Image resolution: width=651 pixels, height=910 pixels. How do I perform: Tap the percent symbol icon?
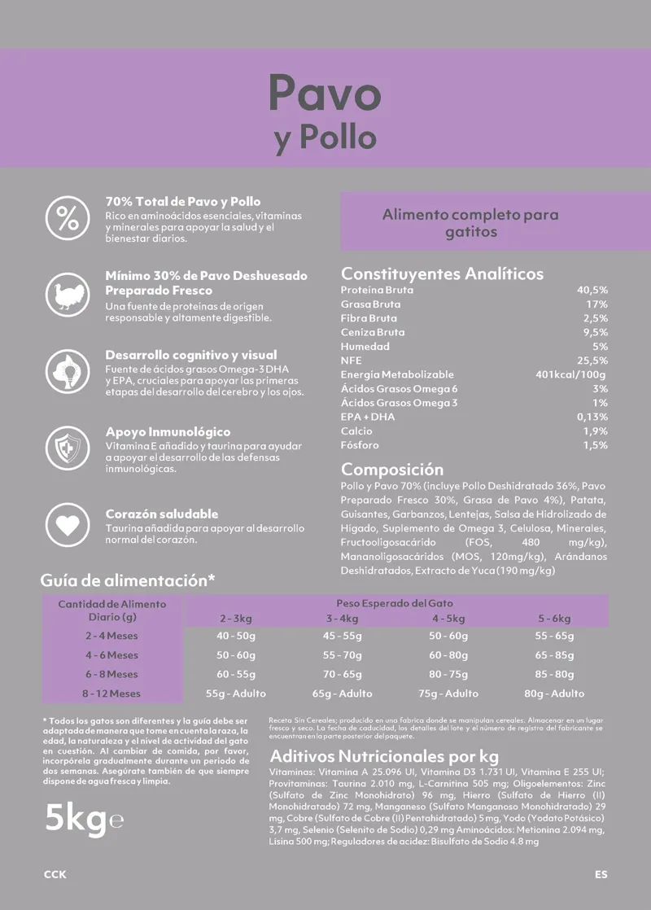68,217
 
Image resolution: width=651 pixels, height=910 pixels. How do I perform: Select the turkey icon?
68,295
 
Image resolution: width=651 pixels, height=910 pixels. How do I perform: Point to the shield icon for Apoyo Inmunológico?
68,448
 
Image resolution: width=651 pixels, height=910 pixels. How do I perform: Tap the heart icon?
68,525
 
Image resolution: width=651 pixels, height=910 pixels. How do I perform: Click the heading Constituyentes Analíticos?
442,273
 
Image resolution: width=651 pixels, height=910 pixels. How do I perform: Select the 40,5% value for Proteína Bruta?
592,290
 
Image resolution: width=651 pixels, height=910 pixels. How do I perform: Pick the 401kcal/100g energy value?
570,374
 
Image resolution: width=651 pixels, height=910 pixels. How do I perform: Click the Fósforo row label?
360,445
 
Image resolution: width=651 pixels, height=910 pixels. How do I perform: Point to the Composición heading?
392,470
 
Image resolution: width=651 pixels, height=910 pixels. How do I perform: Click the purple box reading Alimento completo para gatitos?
470,222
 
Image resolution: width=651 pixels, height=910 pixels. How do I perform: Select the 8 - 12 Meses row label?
111,693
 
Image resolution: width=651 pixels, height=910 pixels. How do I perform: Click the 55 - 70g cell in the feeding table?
342,654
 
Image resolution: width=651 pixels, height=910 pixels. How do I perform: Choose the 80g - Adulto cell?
554,693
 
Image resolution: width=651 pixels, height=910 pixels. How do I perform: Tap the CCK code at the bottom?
55,875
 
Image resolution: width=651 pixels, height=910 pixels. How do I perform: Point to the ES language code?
601,875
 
